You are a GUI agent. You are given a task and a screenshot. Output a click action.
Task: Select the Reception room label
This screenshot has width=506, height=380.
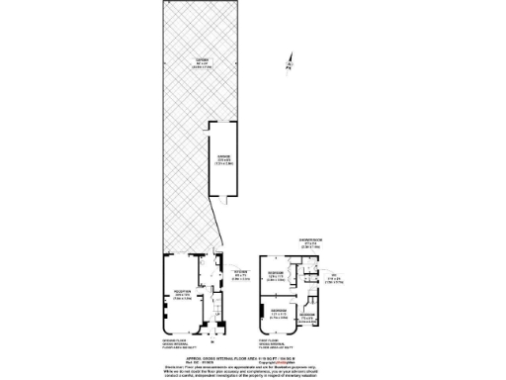tap(183, 295)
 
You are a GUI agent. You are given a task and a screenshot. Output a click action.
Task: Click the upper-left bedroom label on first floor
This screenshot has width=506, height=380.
tap(278, 274)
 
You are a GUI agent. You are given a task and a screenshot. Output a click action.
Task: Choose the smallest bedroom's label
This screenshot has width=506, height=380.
tap(308, 318)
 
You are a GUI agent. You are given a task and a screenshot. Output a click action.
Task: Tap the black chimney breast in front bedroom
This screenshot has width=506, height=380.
tap(263, 315)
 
